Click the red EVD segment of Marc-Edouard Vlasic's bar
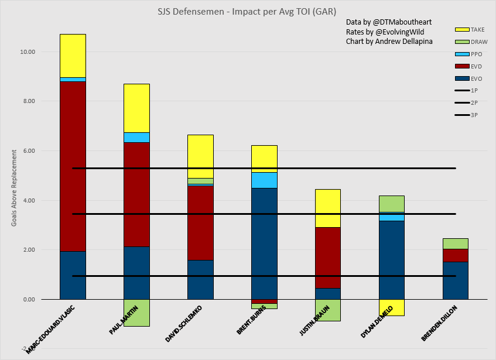pyautogui.click(x=73, y=167)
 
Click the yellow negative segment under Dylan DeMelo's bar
pyautogui.click(x=391, y=308)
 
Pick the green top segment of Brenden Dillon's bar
pyautogui.click(x=455, y=244)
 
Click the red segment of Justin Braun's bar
pyautogui.click(x=328, y=258)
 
